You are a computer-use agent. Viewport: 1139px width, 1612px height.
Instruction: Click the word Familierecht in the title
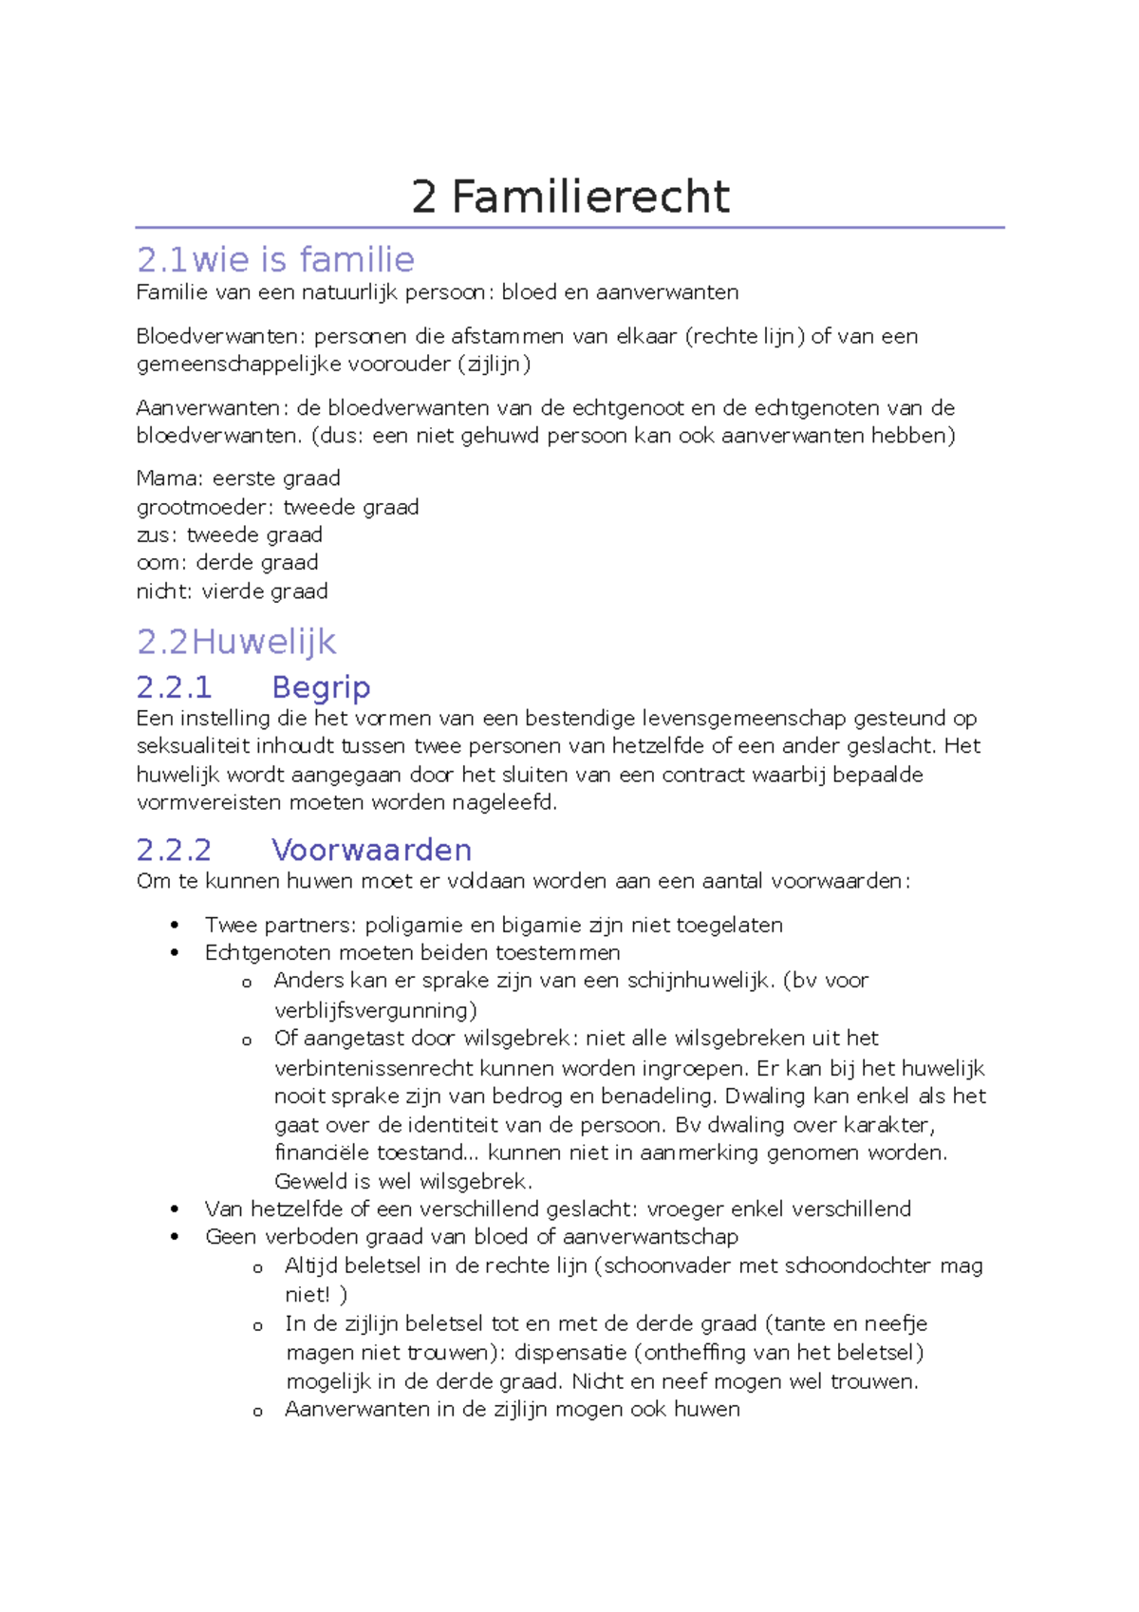590,197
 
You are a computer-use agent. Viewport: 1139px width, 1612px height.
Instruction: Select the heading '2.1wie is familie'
275,259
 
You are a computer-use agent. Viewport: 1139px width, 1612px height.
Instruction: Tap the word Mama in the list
169,478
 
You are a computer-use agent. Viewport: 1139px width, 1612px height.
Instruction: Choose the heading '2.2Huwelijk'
236,642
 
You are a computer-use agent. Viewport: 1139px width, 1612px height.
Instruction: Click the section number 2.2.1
174,687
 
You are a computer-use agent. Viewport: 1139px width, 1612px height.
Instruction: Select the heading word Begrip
321,687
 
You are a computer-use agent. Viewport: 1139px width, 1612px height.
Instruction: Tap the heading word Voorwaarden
371,850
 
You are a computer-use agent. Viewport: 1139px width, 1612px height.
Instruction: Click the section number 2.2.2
174,850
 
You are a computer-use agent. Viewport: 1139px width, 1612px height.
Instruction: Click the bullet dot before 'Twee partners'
175,926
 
